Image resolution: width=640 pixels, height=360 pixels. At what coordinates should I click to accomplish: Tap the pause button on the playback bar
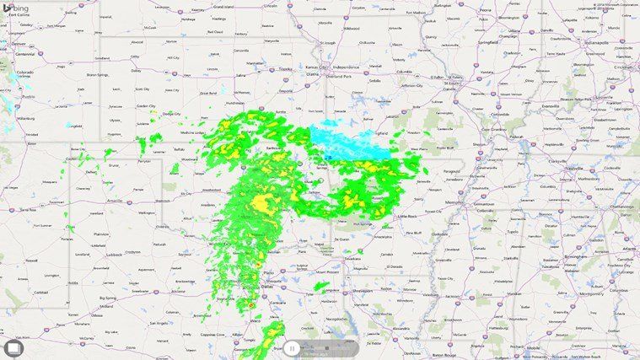tap(291, 347)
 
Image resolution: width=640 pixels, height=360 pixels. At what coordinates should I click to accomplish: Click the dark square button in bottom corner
tap(13, 347)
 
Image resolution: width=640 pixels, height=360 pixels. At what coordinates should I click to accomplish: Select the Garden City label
tap(148, 106)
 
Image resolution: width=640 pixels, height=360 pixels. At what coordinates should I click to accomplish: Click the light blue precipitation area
tap(350, 142)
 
